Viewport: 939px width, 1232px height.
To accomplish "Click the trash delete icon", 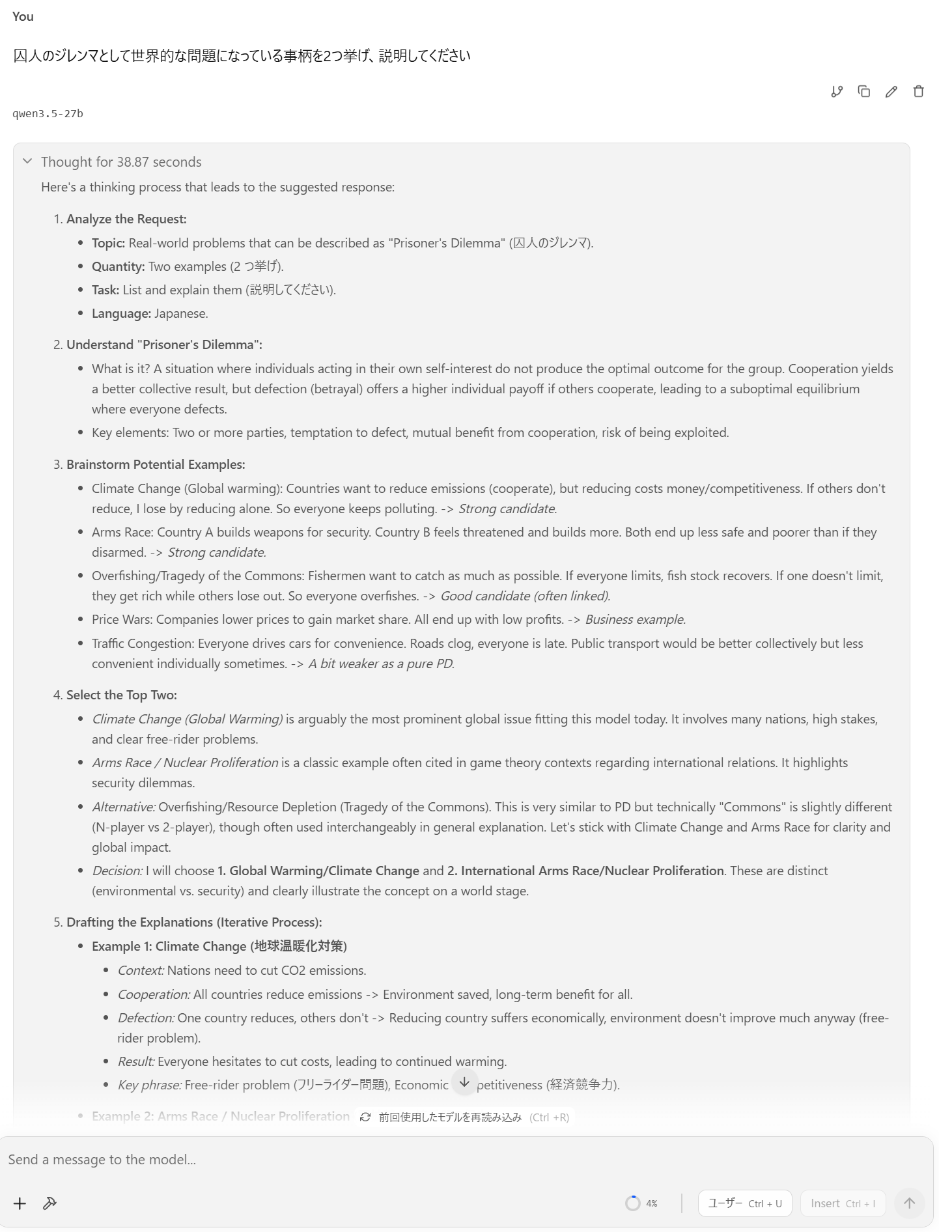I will point(918,92).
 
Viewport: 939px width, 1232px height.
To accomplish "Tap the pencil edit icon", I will point(891,92).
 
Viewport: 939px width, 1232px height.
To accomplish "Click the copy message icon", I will point(863,92).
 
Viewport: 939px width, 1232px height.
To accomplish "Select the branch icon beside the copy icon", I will point(837,92).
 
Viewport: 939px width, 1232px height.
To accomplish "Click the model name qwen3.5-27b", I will point(48,114).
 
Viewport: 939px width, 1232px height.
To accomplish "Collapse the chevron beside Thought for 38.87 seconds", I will point(27,161).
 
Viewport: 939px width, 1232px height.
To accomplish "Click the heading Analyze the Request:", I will point(126,219).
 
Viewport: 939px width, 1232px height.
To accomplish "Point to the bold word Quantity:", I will point(118,266).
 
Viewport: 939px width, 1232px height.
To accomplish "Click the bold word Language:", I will point(121,313).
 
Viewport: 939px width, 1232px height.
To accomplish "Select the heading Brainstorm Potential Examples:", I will point(156,464).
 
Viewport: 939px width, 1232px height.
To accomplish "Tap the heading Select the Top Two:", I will point(121,695).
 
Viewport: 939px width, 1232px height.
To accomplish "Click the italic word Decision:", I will point(117,871).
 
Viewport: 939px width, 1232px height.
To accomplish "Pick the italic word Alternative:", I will point(124,807).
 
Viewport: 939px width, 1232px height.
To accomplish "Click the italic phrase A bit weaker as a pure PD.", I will point(381,664).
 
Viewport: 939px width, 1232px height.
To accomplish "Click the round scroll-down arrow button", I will point(464,1082).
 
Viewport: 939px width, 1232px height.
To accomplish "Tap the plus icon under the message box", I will point(20,1203).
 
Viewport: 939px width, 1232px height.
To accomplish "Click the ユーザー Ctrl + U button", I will point(744,1203).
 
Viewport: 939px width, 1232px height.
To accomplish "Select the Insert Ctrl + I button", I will point(843,1203).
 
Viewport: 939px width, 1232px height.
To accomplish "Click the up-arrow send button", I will point(909,1203).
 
